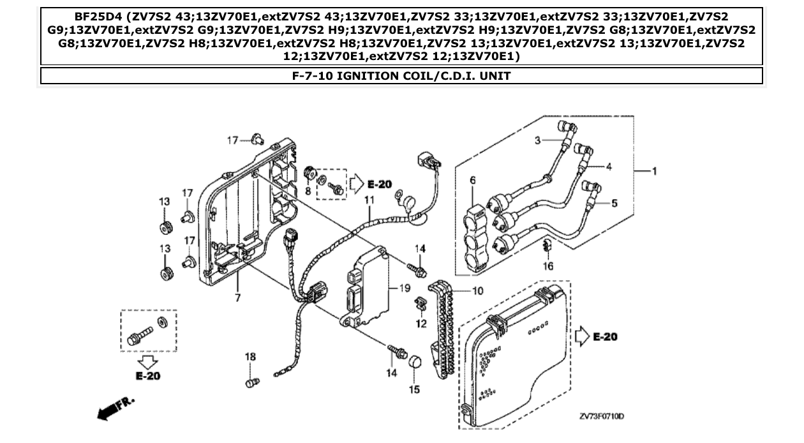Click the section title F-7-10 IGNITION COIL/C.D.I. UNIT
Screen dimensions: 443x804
401,76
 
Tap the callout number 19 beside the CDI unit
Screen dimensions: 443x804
404,289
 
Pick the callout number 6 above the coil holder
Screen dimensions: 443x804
473,181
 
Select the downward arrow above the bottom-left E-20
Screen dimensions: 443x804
147,363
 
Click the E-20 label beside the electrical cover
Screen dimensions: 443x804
603,336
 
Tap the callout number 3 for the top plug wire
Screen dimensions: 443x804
537,139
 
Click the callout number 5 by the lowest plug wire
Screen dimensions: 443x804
614,204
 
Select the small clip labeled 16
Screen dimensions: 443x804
546,246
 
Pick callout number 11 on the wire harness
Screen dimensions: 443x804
368,200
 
